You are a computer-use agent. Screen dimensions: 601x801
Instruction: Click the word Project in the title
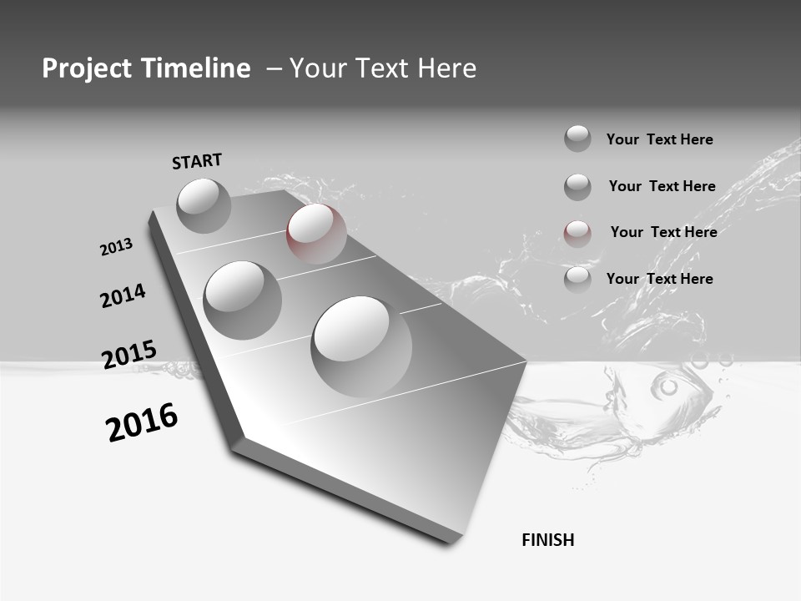[x=87, y=68]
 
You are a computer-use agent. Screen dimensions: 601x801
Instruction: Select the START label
[x=197, y=161]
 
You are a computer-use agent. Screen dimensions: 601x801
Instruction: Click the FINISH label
[x=547, y=540]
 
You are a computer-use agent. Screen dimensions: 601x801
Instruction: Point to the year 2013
[x=116, y=247]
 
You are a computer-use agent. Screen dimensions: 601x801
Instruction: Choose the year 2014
[x=123, y=296]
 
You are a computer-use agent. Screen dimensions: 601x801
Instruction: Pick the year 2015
[x=128, y=355]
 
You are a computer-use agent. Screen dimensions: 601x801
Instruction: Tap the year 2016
[x=142, y=422]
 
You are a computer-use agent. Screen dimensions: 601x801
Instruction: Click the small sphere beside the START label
[x=204, y=205]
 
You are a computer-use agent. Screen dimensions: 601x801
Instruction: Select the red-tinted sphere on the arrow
[x=316, y=233]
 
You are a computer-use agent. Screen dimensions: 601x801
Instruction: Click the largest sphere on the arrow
[x=361, y=346]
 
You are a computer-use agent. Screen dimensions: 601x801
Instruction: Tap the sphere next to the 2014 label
[x=242, y=300]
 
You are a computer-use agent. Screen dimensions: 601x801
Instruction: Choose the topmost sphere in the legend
[x=577, y=139]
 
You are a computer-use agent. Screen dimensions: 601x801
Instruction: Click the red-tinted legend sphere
[x=577, y=233]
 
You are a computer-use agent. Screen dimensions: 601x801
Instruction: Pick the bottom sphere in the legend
[x=577, y=279]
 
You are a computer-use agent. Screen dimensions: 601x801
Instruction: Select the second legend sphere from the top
[x=577, y=186]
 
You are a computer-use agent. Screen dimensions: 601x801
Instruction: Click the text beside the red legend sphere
[x=663, y=232]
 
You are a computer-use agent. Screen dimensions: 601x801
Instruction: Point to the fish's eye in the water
[x=668, y=386]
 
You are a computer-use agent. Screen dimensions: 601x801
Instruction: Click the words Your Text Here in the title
[x=371, y=68]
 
